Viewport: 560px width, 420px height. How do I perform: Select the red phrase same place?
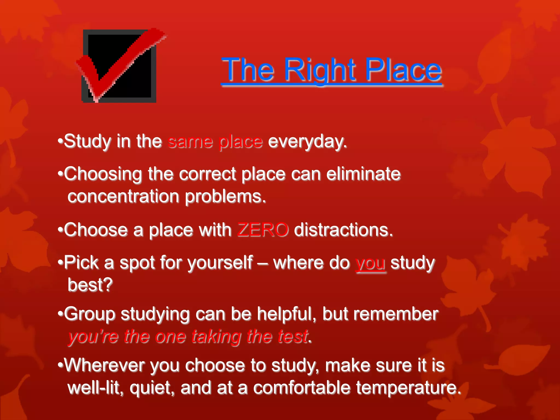click(215, 142)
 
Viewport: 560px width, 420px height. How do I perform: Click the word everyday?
click(307, 142)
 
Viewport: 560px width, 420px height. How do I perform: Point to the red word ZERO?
click(263, 230)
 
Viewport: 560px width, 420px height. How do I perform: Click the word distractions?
click(343, 230)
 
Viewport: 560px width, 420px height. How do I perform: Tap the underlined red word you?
click(371, 263)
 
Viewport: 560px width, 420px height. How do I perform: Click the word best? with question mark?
click(90, 285)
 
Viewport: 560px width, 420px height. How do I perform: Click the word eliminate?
click(363, 174)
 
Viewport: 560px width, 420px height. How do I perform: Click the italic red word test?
click(293, 336)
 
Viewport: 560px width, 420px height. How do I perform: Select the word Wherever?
click(104, 365)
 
